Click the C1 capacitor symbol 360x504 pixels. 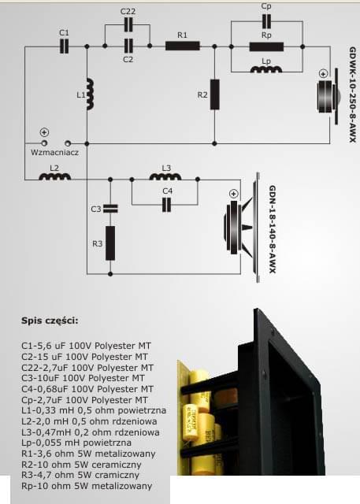65,46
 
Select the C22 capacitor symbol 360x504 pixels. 128,24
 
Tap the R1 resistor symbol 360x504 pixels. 183,46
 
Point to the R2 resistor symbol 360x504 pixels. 215,94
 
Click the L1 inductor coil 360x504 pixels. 91,94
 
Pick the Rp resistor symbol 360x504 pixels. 266,46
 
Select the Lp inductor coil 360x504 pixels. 266,69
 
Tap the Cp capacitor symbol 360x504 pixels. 266,21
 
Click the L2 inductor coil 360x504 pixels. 55,176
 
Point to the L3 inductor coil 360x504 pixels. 165,176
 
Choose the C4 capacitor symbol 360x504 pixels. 166,205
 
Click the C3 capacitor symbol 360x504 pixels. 110,209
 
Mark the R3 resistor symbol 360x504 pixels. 110,243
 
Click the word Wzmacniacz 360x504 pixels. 54,152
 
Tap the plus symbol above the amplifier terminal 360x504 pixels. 44,132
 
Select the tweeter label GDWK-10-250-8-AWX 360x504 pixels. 353,94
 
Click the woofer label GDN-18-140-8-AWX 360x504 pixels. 273,229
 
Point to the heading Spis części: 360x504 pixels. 50,321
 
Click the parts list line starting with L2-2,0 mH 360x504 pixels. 89,421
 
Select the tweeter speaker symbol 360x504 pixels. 328,96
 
